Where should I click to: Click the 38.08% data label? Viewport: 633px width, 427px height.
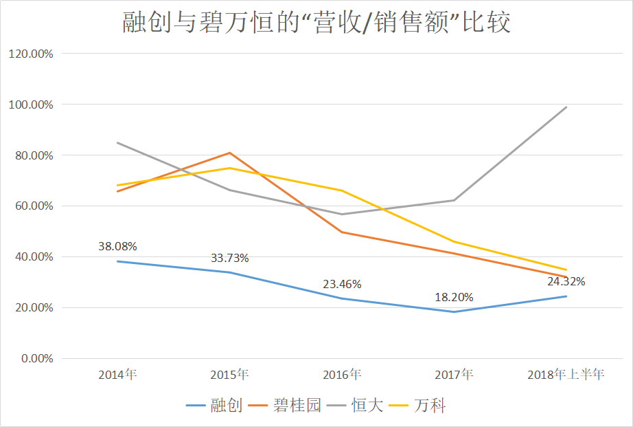click(x=117, y=245)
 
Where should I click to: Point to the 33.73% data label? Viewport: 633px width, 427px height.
click(x=229, y=258)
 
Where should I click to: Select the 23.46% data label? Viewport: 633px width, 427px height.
click(x=342, y=283)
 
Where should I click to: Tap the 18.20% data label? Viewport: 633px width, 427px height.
click(x=454, y=298)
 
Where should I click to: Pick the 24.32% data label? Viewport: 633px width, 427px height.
click(x=566, y=281)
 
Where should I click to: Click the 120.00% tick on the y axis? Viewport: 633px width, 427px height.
click(x=29, y=54)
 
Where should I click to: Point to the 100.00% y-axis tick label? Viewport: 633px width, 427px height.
click(x=29, y=105)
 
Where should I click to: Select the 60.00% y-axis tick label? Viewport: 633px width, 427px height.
click(x=32, y=206)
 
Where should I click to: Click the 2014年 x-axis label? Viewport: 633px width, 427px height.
click(x=117, y=375)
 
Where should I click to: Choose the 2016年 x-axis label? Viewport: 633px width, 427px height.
click(x=342, y=375)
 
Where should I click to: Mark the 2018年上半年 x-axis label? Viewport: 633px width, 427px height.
click(x=566, y=375)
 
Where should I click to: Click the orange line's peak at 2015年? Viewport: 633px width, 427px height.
click(x=229, y=153)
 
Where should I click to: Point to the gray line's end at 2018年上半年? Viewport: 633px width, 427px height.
click(x=566, y=107)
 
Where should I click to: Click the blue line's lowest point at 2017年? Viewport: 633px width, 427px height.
click(x=454, y=311)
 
